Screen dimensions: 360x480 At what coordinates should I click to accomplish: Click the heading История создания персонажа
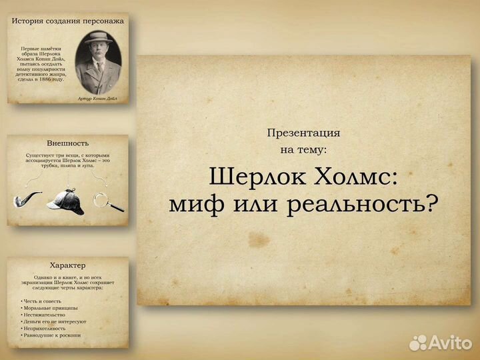coord(68,21)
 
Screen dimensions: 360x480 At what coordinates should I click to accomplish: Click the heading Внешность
coord(68,143)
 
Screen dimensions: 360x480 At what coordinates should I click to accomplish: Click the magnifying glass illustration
coord(107,201)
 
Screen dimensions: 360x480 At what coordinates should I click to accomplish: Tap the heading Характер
coord(68,265)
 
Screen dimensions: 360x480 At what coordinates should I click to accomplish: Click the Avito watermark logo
coord(440,342)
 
